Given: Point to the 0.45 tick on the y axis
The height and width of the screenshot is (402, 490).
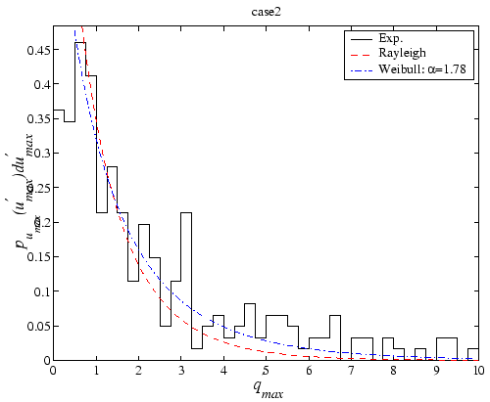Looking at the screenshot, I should click(x=38, y=50).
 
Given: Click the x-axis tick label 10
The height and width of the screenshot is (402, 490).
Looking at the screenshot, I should click(x=478, y=372).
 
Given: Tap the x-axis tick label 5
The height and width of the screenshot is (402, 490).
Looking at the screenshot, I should click(x=266, y=372).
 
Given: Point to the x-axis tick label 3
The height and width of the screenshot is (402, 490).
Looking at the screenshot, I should click(x=180, y=372).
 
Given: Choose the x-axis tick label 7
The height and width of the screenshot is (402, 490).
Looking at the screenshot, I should click(x=351, y=372).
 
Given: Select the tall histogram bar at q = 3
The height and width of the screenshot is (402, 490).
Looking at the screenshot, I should click(x=186, y=284).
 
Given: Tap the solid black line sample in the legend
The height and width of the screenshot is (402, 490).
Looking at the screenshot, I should click(x=362, y=38).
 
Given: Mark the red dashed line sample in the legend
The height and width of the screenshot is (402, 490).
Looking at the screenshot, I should click(x=362, y=54).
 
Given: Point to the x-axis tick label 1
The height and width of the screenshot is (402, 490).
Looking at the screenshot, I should click(x=95, y=372).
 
